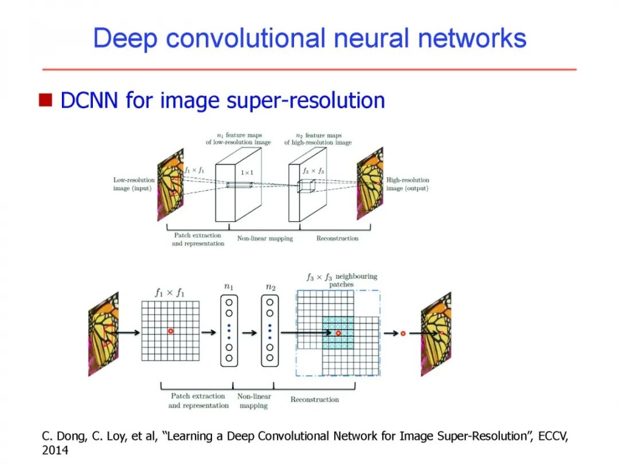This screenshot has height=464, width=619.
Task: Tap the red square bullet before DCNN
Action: (45, 101)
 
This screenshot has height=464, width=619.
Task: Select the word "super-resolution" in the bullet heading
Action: (306, 101)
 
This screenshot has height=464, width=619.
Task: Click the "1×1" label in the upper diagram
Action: (246, 172)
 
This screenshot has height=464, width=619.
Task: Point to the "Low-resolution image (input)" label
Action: (134, 184)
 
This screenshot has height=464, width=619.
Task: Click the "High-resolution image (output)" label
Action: (408, 184)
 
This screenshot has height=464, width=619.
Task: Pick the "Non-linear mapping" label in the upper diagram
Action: (265, 238)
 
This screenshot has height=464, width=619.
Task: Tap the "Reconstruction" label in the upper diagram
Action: (337, 238)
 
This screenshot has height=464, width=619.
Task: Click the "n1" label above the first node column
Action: (229, 285)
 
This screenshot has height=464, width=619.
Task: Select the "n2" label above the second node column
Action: (270, 285)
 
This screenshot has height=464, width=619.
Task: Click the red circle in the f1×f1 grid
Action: (170, 332)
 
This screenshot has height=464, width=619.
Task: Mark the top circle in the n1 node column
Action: (229, 302)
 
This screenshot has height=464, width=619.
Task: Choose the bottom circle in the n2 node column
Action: (269, 358)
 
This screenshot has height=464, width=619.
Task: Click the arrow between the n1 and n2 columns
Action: (249, 332)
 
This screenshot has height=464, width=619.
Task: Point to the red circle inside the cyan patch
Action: (338, 333)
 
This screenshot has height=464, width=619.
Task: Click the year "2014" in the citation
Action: (55, 451)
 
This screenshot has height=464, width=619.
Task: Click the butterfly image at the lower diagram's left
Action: (103, 334)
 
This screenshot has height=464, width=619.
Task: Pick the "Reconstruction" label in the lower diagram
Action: (314, 399)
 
